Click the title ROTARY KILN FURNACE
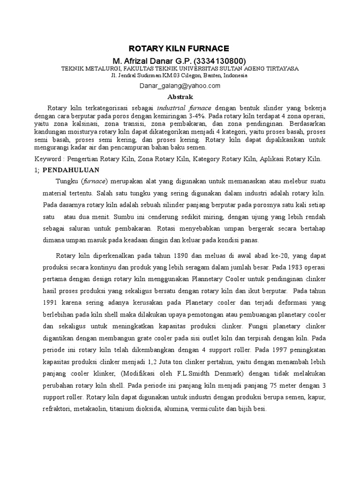click(x=180, y=48)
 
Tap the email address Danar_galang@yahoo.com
click(x=180, y=86)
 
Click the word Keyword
click(x=47, y=159)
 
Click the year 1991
click(x=52, y=302)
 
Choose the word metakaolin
click(x=90, y=409)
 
